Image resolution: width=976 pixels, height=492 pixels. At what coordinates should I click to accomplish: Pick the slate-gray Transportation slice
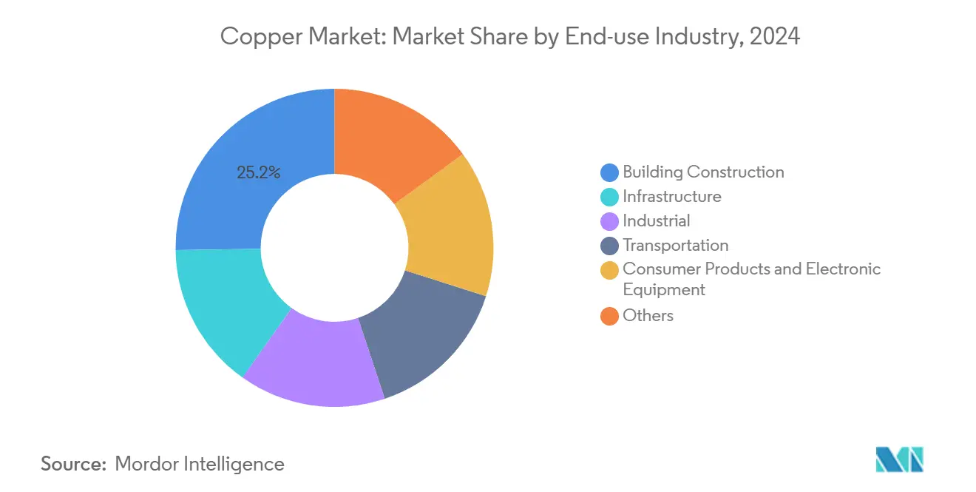click(421, 333)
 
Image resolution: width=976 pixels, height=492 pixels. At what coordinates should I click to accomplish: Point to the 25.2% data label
click(258, 173)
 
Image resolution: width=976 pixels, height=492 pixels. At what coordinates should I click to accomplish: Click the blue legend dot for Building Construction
click(609, 173)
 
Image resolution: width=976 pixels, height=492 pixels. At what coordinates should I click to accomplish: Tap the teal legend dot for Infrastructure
click(609, 198)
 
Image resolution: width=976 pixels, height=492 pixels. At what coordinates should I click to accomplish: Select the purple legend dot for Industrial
click(609, 222)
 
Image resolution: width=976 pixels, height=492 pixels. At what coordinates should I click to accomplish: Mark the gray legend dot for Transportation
click(609, 246)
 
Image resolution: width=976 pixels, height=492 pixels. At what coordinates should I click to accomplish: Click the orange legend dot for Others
click(609, 317)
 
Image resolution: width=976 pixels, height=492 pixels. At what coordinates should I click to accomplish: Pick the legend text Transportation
click(675, 246)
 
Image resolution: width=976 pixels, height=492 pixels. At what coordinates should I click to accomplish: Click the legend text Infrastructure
click(671, 197)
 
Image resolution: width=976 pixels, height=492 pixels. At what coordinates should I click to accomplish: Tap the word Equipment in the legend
click(663, 290)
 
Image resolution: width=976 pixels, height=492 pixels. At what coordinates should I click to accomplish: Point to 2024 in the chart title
click(774, 36)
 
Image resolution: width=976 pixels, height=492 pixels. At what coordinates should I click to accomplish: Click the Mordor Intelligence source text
click(200, 464)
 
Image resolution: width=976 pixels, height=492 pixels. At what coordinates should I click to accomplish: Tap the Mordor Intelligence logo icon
click(899, 459)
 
